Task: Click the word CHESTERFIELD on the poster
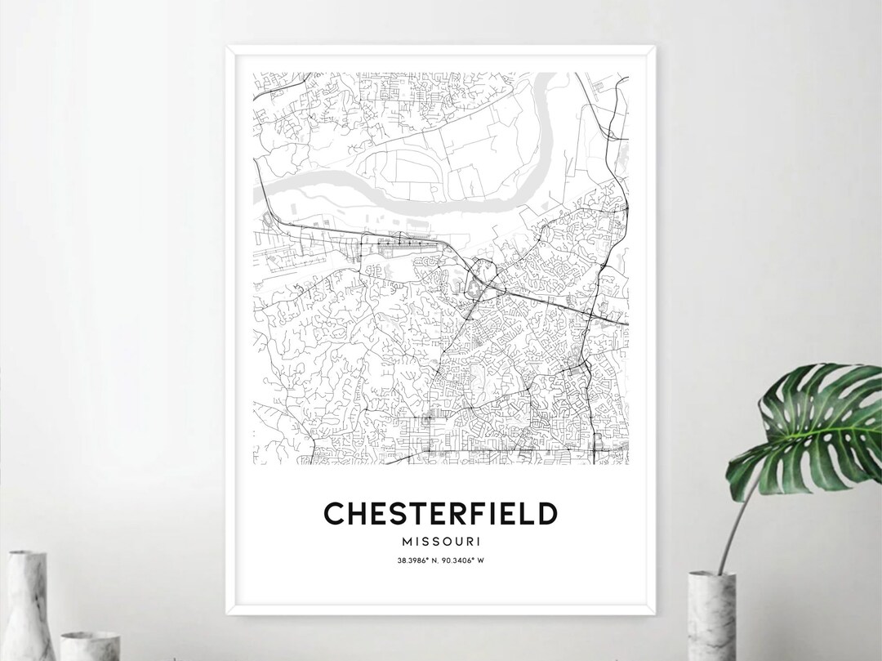click(441, 513)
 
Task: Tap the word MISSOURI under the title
click(441, 541)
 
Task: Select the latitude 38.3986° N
click(416, 560)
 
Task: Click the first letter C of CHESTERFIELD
click(334, 513)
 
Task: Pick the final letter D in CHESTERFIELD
click(547, 513)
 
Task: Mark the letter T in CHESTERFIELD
click(402, 513)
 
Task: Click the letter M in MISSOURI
click(407, 541)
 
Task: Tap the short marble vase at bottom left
click(90, 645)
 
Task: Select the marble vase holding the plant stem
click(711, 617)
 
